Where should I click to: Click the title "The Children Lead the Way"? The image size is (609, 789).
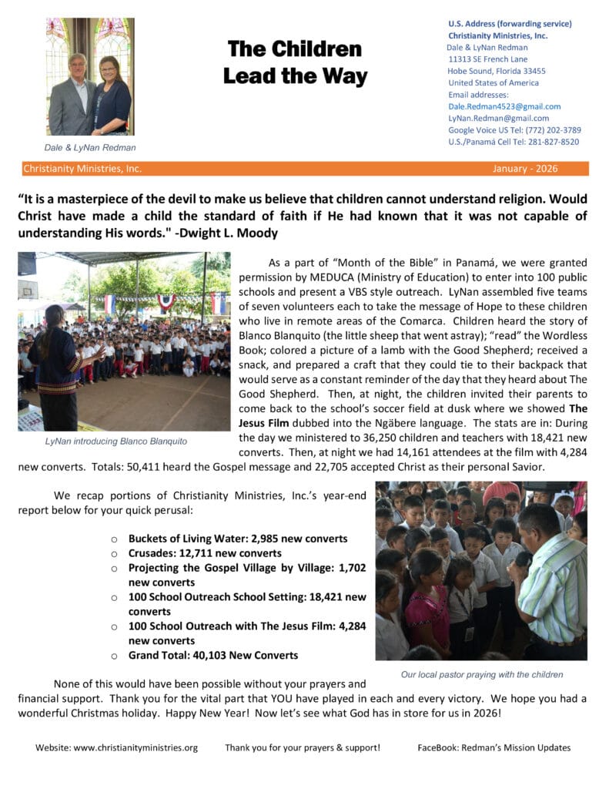click(x=295, y=62)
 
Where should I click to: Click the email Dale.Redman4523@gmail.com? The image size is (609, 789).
click(x=504, y=106)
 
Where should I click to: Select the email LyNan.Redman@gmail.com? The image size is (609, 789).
click(x=498, y=119)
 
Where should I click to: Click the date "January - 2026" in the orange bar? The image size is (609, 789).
click(x=525, y=169)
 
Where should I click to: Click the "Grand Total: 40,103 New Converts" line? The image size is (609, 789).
click(x=213, y=655)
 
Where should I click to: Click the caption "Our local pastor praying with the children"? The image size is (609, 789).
click(x=481, y=674)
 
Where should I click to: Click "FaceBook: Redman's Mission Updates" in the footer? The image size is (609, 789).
click(x=494, y=747)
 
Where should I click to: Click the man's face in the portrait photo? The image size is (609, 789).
click(x=77, y=66)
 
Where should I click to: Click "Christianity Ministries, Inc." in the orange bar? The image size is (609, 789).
click(x=82, y=169)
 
